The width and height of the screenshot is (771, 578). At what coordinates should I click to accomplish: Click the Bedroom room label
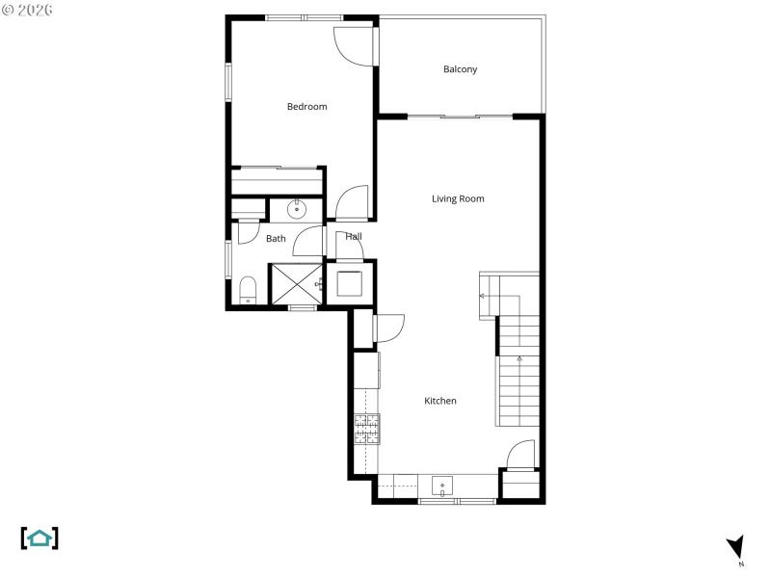click(x=306, y=107)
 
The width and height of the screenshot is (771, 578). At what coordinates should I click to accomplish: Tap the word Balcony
click(x=460, y=69)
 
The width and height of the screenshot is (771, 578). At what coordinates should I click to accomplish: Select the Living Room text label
click(x=458, y=199)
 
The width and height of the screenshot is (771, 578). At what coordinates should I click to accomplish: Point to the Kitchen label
click(x=440, y=401)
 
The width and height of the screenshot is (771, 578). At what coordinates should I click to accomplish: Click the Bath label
click(x=276, y=239)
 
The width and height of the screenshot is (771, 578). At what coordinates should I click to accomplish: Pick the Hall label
click(x=354, y=236)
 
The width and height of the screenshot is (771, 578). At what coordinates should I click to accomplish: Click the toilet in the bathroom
click(x=248, y=290)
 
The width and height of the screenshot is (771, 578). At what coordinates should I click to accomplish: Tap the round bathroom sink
click(x=298, y=208)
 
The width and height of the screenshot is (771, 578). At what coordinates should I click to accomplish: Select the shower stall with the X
click(x=297, y=283)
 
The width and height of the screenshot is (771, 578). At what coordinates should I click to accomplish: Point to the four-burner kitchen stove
click(x=367, y=429)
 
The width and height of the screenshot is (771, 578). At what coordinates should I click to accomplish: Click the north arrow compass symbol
click(x=735, y=548)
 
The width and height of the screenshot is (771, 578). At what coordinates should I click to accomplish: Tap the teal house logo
click(x=40, y=538)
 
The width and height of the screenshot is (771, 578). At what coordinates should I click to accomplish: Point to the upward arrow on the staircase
click(x=519, y=360)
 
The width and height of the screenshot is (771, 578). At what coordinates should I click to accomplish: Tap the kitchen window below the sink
click(x=457, y=501)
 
